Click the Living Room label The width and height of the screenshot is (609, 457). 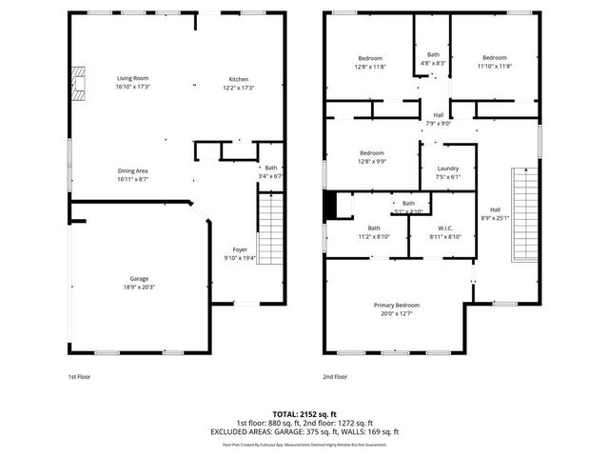point(133,78)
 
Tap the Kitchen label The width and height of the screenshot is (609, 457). point(238,78)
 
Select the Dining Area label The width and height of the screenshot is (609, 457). point(132,170)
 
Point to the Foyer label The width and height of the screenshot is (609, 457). point(240,249)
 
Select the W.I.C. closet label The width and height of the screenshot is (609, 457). point(444,228)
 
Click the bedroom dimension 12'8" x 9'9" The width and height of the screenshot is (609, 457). point(371,161)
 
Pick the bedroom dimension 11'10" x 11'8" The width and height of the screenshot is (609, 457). point(494,66)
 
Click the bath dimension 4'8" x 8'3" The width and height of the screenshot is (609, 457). point(433,63)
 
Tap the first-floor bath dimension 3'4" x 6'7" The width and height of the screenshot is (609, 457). point(271,176)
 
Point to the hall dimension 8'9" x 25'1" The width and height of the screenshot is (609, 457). point(495,217)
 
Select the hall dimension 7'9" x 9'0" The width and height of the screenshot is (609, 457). point(438,123)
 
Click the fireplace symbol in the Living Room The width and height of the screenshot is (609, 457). point(82,84)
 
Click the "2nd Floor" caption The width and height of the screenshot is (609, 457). point(335,377)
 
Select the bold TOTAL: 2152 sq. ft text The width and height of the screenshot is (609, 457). point(304,414)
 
